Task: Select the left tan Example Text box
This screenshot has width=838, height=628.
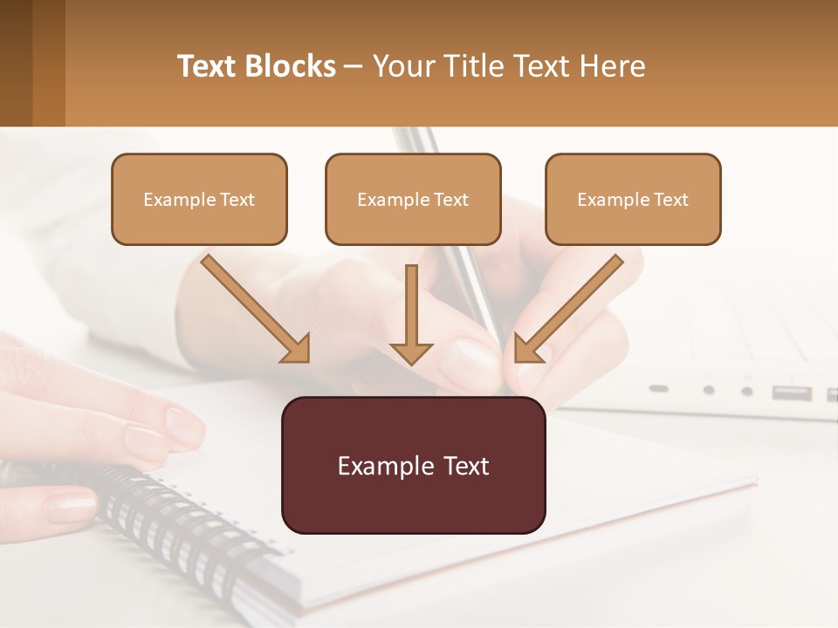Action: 199,199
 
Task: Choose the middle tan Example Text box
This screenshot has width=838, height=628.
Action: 413,199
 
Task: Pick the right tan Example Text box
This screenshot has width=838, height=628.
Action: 633,199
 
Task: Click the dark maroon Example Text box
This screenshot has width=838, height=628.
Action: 413,465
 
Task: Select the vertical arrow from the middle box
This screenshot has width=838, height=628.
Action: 411,314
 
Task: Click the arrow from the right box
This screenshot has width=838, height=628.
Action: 567,310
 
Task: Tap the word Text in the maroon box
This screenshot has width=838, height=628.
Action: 461,466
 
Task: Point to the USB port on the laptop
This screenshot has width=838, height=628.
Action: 791,392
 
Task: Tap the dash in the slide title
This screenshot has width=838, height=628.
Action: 354,66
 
